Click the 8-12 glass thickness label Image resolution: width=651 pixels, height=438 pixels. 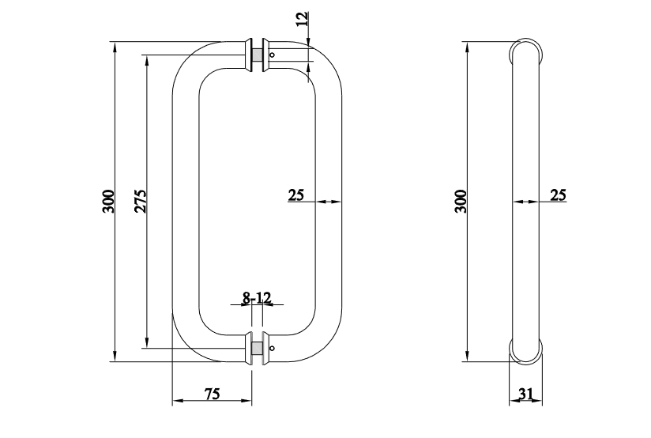(257, 298)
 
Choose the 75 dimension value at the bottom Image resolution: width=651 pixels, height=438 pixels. (211, 393)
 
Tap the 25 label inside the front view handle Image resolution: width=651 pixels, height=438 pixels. (296, 194)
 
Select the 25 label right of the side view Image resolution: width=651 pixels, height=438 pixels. (558, 194)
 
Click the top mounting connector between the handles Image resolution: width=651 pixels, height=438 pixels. (256, 54)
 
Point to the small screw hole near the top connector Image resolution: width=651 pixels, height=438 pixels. (273, 55)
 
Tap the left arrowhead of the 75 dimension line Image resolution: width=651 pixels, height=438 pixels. (176, 402)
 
